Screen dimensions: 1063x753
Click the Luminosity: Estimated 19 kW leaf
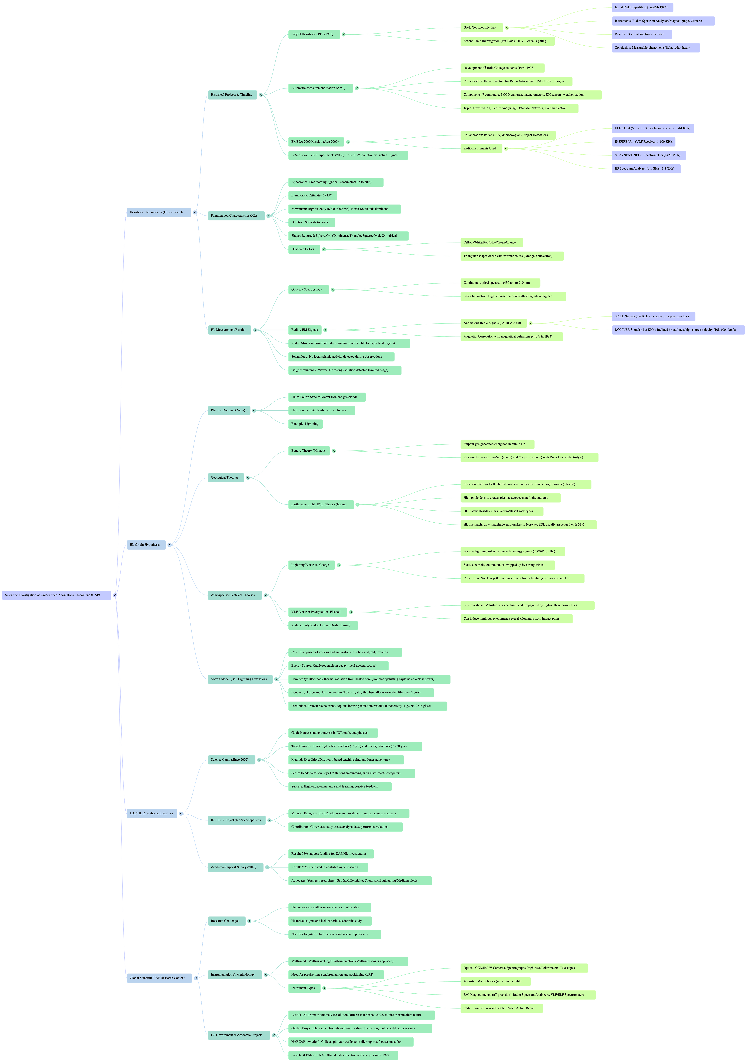click(312, 195)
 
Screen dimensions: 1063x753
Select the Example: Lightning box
click(305, 424)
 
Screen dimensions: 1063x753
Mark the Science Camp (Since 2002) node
click(231, 760)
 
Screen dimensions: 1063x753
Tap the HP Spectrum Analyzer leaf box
click(645, 169)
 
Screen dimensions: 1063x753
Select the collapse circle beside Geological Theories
click(248, 478)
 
